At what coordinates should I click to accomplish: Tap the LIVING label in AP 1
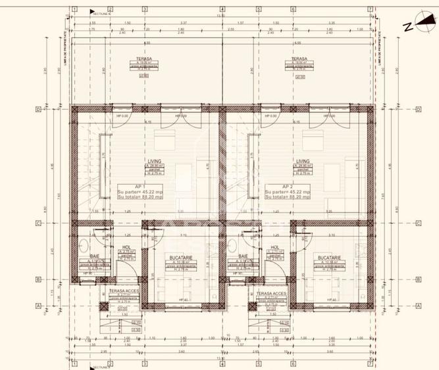(x=155, y=160)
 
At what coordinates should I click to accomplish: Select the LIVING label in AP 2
(x=303, y=160)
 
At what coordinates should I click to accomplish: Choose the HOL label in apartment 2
(x=274, y=248)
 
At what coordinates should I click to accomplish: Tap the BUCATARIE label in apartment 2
(x=327, y=258)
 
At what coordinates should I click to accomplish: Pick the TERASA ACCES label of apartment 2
(x=271, y=293)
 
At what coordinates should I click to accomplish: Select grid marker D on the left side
(x=40, y=109)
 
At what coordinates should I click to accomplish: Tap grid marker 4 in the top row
(x=222, y=11)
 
